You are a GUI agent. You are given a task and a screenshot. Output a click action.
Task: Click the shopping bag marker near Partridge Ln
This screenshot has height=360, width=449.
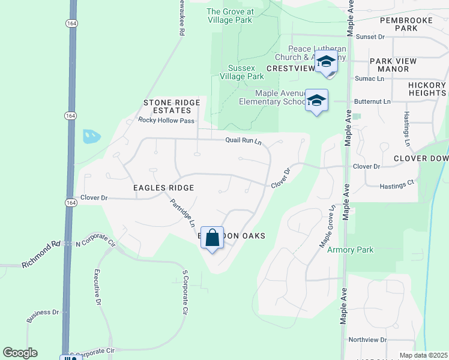[212, 238]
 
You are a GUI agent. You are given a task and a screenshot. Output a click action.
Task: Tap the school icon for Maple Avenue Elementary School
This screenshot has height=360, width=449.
[316, 100]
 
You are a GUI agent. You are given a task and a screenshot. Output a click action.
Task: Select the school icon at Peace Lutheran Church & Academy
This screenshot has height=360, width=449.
[326, 63]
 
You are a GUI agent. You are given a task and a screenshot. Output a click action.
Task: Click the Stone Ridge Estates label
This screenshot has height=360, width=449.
[172, 107]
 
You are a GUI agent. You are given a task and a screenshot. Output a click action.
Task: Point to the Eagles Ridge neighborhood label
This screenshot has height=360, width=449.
[164, 188]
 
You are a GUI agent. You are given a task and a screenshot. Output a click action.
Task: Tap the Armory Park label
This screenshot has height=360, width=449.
[350, 250]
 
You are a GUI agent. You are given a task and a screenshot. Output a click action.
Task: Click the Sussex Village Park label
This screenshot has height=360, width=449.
[246, 72]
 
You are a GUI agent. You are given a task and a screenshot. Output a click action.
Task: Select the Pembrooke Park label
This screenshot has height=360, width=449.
[407, 24]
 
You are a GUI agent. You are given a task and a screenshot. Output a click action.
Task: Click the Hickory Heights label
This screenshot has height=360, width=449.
[427, 89]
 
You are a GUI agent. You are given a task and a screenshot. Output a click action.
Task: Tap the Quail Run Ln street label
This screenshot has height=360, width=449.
[244, 141]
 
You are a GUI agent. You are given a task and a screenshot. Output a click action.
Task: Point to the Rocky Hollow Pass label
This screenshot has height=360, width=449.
[166, 120]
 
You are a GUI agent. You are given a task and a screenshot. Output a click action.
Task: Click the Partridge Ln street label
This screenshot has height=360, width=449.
[182, 213]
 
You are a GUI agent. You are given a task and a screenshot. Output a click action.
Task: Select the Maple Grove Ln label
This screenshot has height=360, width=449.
[326, 227]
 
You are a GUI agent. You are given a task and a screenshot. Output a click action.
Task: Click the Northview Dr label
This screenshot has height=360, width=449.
[368, 340]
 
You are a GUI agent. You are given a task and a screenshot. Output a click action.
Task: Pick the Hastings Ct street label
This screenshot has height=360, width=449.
[397, 185]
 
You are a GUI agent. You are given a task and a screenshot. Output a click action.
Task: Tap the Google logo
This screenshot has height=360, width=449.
[20, 353]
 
